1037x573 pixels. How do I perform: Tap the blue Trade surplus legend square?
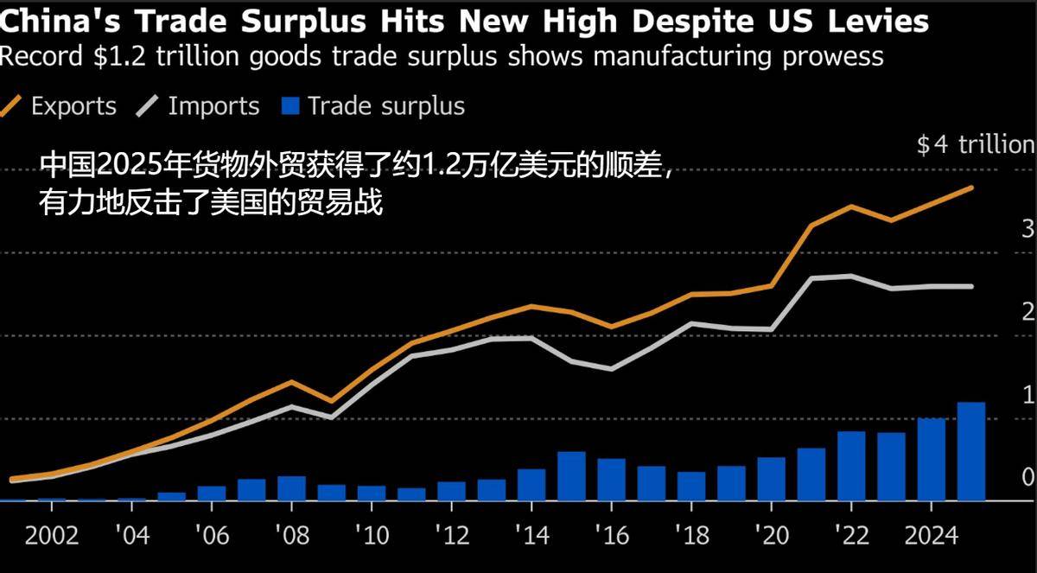click(290, 106)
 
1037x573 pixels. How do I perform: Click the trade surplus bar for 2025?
click(971, 451)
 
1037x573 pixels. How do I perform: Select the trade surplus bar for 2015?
click(571, 475)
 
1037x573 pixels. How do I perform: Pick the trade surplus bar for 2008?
click(291, 488)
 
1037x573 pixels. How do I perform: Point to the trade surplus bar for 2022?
click(851, 466)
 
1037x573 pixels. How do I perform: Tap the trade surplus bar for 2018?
click(691, 486)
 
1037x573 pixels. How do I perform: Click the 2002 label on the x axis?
click(52, 536)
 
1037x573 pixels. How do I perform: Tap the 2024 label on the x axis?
click(931, 536)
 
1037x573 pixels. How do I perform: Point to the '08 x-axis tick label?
click(291, 536)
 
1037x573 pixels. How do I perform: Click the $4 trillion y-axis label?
click(975, 144)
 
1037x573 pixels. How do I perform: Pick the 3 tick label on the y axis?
click(1027, 229)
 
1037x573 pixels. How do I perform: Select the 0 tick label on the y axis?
click(1027, 477)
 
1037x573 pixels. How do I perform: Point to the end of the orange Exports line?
click(972, 187)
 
